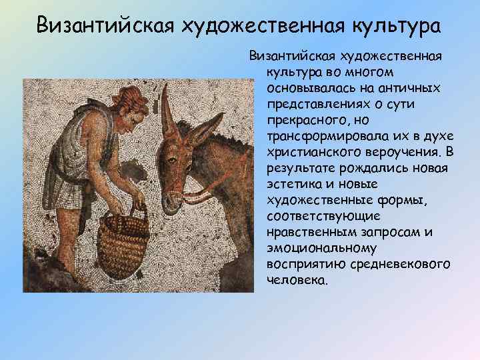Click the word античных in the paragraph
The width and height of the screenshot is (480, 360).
[409, 89]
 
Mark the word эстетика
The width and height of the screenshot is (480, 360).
[292, 185]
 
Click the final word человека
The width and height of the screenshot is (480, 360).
[297, 280]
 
